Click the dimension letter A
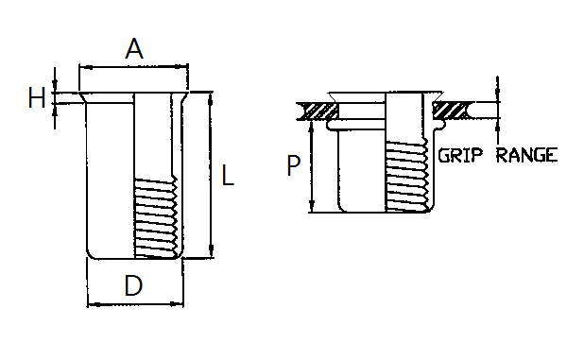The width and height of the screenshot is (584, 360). coord(134,48)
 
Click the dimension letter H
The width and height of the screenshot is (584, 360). coord(37,97)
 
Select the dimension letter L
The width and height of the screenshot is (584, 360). coord(228,175)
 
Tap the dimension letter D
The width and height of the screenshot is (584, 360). coord(133,285)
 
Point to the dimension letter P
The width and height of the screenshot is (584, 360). coord(294,165)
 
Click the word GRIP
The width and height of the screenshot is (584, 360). coord(460,155)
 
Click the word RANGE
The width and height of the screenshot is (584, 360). coord(527,155)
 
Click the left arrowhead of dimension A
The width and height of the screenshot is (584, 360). coord(86,67)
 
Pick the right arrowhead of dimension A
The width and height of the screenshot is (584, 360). coord(181,67)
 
